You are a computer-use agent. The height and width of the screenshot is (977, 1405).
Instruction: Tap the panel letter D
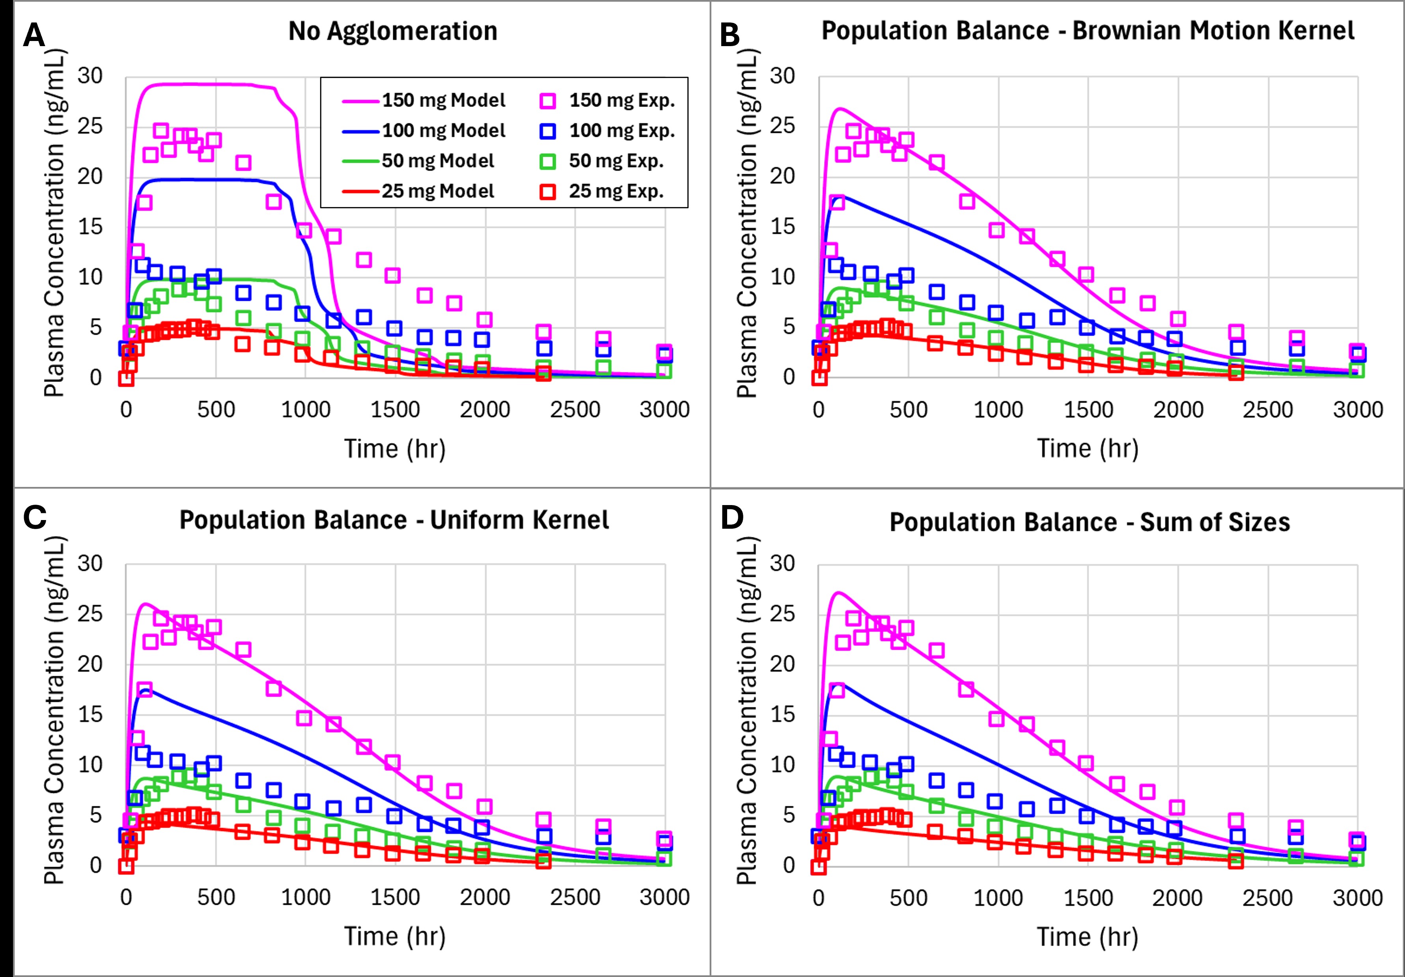[732, 518]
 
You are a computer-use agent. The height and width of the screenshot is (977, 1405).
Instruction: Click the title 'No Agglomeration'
[393, 31]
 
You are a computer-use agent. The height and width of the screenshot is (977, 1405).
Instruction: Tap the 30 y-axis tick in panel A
[90, 76]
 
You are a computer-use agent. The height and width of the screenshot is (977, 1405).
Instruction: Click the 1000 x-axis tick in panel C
[305, 897]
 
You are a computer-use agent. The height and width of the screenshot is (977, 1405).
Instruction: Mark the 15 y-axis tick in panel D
[783, 714]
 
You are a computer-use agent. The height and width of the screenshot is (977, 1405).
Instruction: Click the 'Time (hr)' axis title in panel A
[395, 448]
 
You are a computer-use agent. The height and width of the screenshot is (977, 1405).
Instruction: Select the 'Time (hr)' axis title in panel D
[1088, 937]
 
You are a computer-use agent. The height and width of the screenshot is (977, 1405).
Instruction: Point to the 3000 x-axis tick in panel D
[1358, 897]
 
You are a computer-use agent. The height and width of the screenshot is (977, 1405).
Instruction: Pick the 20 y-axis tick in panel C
[90, 664]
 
